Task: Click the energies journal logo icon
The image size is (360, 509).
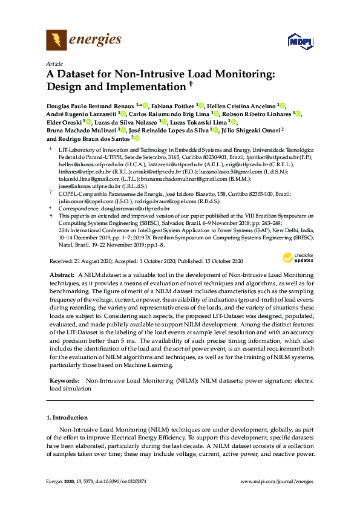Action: pos(56,41)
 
